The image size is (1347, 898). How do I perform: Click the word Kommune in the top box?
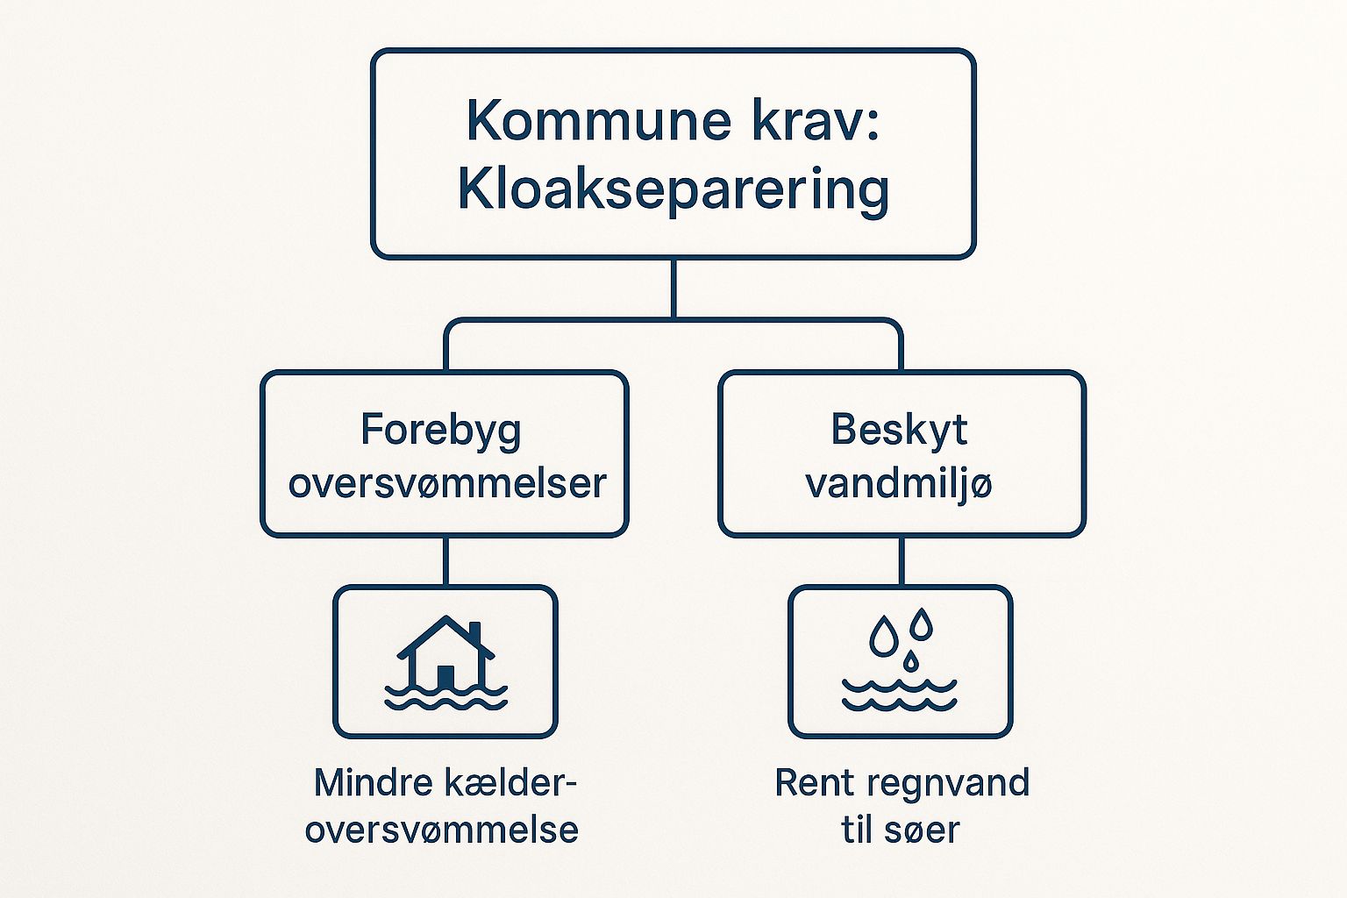coord(598,121)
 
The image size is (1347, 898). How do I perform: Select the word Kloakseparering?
coord(673,189)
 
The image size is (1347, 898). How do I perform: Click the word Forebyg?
coord(441,431)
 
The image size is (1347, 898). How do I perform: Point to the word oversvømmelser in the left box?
coord(447,483)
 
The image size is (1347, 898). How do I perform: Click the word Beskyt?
coord(899,430)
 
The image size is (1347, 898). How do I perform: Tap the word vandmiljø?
coord(899,483)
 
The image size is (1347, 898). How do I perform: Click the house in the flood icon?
coord(445,649)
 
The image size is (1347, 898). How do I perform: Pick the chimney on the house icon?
coord(475,633)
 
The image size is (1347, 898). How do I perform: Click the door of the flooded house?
coord(445,676)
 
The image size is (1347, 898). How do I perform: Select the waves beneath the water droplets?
coord(900,695)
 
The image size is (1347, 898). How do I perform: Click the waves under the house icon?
coord(445,697)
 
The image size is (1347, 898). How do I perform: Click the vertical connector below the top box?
coord(673,288)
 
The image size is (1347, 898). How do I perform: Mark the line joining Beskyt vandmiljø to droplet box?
coord(902,560)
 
